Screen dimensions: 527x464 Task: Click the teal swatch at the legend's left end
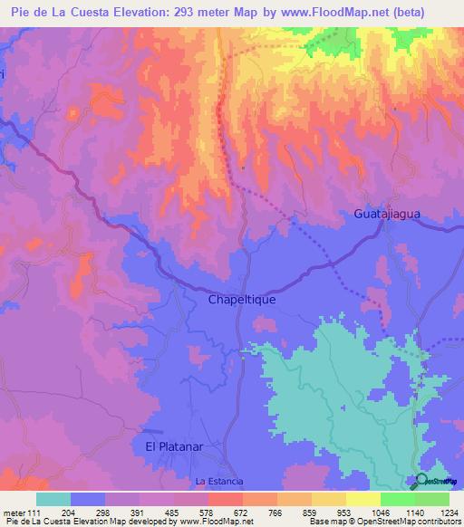pyautogui.click(x=53, y=499)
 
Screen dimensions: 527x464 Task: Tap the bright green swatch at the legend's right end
pyautogui.click(x=432, y=499)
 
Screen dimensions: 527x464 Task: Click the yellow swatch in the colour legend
pyautogui.click(x=363, y=499)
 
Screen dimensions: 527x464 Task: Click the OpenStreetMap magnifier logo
pyautogui.click(x=420, y=481)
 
